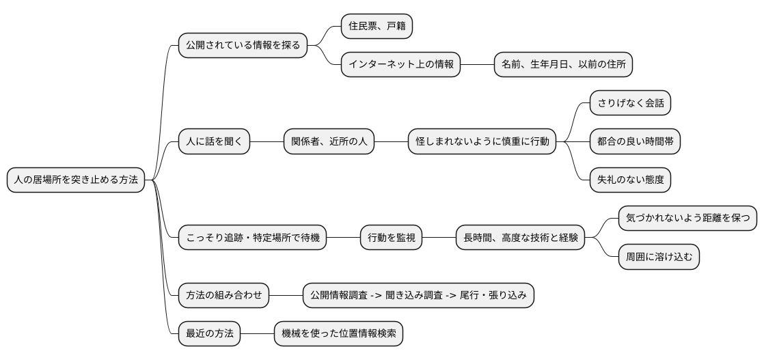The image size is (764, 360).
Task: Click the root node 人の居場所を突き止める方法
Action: click(76, 180)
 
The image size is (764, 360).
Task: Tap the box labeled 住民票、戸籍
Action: click(377, 27)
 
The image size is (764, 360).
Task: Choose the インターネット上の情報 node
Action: click(400, 65)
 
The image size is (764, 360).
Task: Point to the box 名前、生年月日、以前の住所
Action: click(563, 65)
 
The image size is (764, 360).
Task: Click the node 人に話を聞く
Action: click(214, 142)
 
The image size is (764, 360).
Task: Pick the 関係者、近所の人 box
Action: click(329, 142)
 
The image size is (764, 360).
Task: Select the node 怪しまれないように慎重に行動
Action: click(482, 142)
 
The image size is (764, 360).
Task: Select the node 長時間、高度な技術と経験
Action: click(521, 238)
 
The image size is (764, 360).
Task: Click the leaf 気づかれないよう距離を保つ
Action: click(687, 219)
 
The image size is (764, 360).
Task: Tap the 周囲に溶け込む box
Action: click(659, 258)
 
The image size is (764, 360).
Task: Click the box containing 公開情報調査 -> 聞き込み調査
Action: click(418, 296)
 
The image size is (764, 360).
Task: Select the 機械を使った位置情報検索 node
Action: click(338, 334)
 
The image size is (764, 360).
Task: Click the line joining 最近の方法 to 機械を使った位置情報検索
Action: click(257, 334)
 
